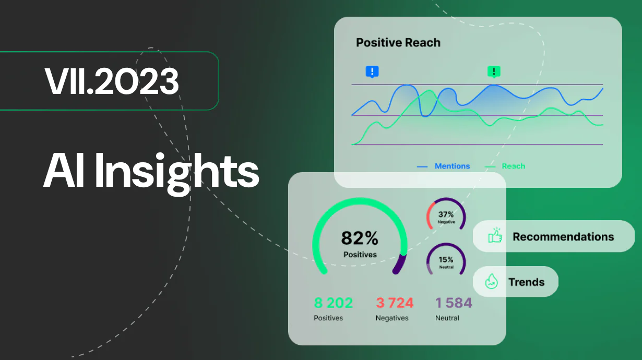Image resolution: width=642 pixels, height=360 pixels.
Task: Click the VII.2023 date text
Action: [112, 81]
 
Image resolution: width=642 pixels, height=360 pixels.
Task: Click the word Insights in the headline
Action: [177, 172]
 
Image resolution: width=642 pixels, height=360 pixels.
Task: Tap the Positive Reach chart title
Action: [398, 43]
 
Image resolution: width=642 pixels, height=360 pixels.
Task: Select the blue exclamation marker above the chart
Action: [372, 72]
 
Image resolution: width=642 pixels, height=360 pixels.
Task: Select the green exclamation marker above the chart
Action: [493, 71]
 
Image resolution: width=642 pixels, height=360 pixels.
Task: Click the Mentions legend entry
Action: [452, 166]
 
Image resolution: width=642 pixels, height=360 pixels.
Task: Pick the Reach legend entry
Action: [513, 166]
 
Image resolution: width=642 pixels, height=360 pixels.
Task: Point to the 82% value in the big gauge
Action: [360, 238]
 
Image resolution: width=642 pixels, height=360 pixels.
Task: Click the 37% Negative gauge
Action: [446, 216]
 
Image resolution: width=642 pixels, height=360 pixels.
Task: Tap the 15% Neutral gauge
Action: [446, 261]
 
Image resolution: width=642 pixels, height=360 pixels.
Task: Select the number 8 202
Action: [333, 303]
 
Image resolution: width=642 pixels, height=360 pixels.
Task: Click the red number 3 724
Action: [395, 303]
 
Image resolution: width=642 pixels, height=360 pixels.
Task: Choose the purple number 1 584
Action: [454, 303]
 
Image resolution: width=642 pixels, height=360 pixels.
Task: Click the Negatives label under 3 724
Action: [392, 318]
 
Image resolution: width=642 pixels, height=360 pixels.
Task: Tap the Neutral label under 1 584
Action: [447, 318]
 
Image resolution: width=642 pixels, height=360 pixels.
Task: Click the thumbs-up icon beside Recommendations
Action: [494, 236]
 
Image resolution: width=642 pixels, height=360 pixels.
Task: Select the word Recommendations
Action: [563, 236]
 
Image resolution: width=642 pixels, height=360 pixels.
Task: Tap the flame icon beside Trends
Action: [491, 282]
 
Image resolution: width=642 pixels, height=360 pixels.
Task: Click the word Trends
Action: [526, 282]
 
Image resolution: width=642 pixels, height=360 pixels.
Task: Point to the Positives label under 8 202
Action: [328, 318]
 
